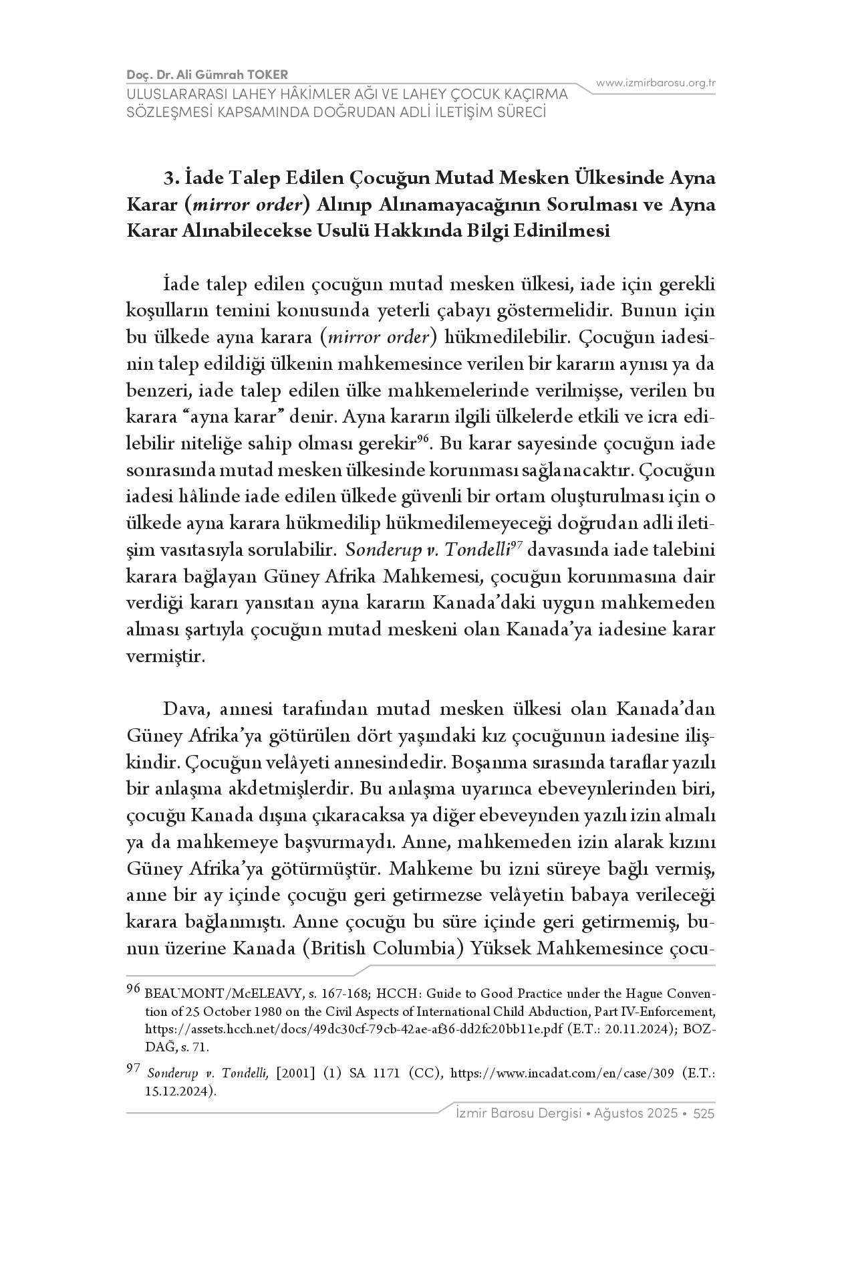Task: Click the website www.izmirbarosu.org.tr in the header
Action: click(656, 83)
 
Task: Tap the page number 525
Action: click(704, 1114)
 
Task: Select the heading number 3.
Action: click(171, 179)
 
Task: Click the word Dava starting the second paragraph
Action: click(183, 708)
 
